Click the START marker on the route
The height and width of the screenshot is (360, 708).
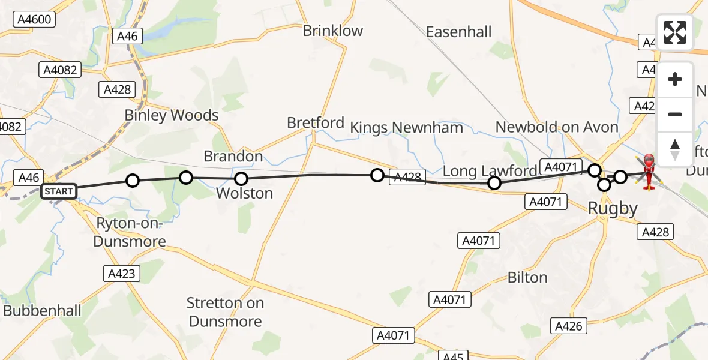click(x=59, y=192)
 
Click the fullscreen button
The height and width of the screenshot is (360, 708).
click(x=675, y=32)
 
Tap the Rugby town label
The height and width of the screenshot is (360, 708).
click(x=613, y=209)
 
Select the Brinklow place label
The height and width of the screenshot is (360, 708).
click(x=333, y=31)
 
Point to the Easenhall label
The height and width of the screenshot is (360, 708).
click(x=459, y=32)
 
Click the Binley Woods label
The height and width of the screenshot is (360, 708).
click(x=172, y=115)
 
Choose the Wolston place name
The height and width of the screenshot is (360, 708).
click(x=244, y=193)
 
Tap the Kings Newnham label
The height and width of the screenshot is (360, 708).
click(x=407, y=128)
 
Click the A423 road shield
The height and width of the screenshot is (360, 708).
click(x=122, y=274)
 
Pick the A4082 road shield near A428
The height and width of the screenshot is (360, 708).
click(x=61, y=70)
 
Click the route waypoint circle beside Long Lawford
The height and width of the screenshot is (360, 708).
click(x=494, y=183)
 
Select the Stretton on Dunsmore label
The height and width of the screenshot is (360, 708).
click(x=225, y=312)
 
